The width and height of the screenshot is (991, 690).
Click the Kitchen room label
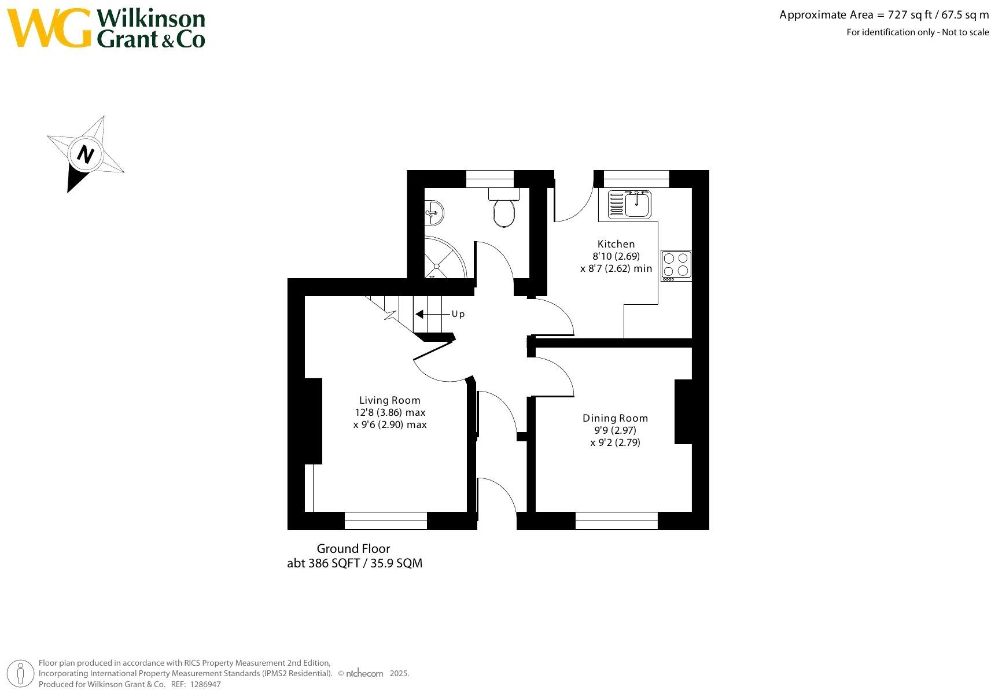point(616,244)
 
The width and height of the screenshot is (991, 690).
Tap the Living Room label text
point(389,400)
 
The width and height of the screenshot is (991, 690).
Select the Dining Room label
point(615,418)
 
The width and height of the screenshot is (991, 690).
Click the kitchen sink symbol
point(630,204)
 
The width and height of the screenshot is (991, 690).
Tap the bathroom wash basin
point(434,212)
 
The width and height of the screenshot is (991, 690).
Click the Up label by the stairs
point(458,314)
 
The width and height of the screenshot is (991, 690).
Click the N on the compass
point(86,154)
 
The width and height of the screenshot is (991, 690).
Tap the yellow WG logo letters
point(50,28)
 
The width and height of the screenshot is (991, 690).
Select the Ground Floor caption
point(353,548)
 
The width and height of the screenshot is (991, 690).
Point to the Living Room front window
point(386,521)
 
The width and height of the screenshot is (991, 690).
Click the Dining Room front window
point(617,521)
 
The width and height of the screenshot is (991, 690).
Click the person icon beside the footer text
point(21,673)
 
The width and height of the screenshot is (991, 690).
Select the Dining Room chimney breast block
point(684,412)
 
